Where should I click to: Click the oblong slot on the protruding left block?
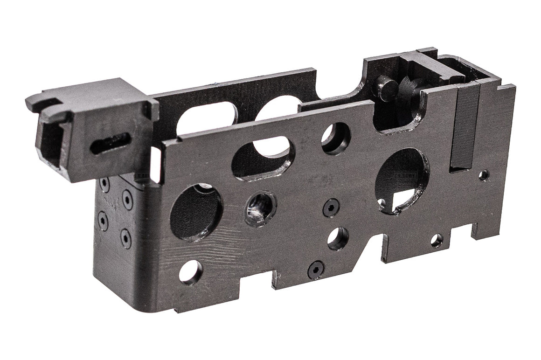coord(110,143)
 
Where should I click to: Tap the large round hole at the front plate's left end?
coord(195,212)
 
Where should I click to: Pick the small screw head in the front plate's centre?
coord(331,207)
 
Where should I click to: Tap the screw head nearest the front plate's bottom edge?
coord(316,269)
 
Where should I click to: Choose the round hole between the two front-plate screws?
coord(338,238)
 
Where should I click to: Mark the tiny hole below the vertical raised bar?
coord(484,175)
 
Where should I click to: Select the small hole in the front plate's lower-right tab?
coord(437,241)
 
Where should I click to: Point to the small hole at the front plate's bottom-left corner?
coord(191,271)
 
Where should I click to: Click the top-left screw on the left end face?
coord(104,185)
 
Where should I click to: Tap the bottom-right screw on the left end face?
coord(125,237)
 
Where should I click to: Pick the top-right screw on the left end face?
coord(127,200)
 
